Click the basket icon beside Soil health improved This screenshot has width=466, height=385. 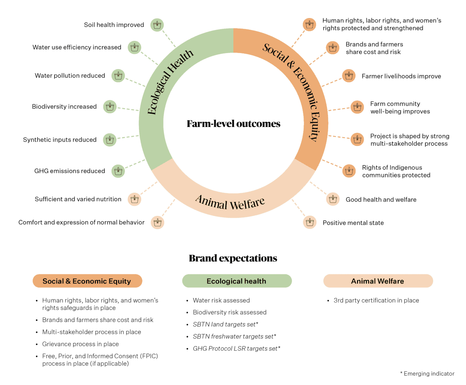[x=157, y=25]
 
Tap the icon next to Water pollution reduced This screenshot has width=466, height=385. [x=118, y=76]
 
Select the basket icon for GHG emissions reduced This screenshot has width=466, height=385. [x=118, y=171]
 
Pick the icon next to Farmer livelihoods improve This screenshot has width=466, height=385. [x=349, y=76]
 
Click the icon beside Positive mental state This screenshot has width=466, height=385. [x=310, y=222]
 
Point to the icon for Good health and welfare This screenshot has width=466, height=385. [x=333, y=199]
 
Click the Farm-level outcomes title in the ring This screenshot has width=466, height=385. [x=233, y=124]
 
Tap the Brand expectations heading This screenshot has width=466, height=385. [x=233, y=258]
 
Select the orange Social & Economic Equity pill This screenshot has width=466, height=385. [x=87, y=281]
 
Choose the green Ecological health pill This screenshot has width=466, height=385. [x=237, y=281]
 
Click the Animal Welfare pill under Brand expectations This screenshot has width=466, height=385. [x=378, y=281]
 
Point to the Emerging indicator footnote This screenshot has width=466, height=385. [x=427, y=374]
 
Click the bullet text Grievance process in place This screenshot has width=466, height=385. [x=80, y=344]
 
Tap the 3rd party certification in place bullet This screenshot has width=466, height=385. [x=376, y=300]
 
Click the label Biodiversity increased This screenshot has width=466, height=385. [x=64, y=107]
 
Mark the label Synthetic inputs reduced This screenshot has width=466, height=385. [x=60, y=140]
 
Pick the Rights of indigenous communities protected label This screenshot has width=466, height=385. [x=396, y=171]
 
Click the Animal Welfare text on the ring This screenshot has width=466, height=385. [x=230, y=203]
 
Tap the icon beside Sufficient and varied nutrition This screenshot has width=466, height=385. [x=134, y=199]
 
